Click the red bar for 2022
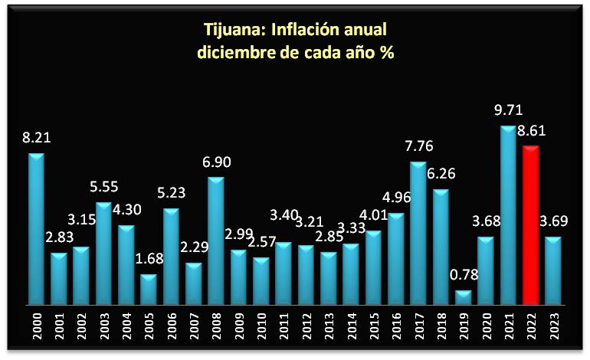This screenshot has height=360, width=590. pyautogui.click(x=530, y=226)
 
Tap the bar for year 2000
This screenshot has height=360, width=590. pyautogui.click(x=36, y=230)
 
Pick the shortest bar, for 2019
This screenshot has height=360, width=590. pyautogui.click(x=463, y=298)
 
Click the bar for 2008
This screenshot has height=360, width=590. pyautogui.click(x=216, y=241)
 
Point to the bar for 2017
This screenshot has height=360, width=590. pyautogui.click(x=418, y=234)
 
